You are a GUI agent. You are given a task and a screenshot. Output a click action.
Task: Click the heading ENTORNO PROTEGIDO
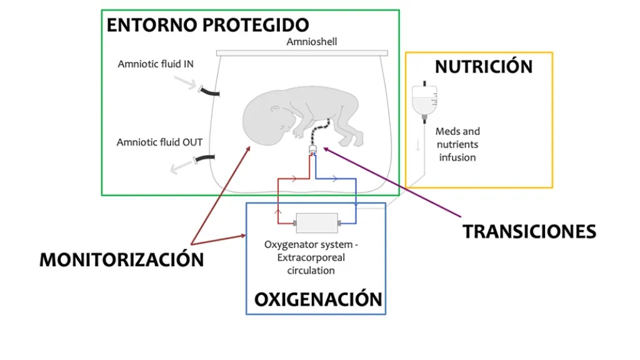[x=207, y=25]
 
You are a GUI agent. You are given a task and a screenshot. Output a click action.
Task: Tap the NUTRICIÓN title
[x=484, y=66]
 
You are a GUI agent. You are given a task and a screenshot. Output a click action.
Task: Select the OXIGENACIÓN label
[x=317, y=299]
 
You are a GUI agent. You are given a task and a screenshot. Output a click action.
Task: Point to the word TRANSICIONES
[x=529, y=231]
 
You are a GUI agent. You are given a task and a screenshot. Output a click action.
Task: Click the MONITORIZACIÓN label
[x=121, y=259]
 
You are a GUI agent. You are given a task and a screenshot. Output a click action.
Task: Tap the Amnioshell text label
[x=311, y=42]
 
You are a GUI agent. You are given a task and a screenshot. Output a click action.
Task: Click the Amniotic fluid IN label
[x=156, y=64]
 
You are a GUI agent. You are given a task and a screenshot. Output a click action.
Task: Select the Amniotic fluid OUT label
[x=159, y=142]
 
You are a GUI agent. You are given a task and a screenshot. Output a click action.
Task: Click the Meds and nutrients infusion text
[x=457, y=144]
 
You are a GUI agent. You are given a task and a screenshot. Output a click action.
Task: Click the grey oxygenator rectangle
[x=316, y=222]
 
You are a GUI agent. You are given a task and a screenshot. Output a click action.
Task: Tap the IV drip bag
[x=424, y=100]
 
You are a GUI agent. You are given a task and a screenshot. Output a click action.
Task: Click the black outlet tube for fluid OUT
[x=206, y=159]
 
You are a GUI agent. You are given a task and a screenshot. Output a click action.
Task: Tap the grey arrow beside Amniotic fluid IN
[x=184, y=82]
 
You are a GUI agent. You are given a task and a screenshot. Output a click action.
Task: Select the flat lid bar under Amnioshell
[x=302, y=52]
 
